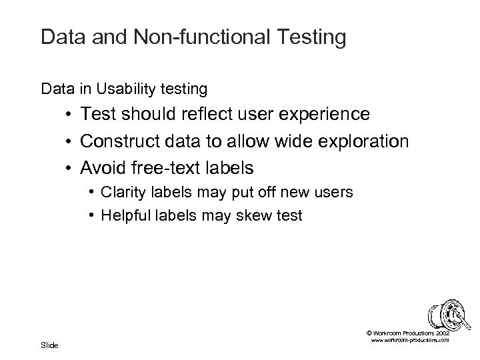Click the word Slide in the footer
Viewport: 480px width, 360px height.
click(49, 345)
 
